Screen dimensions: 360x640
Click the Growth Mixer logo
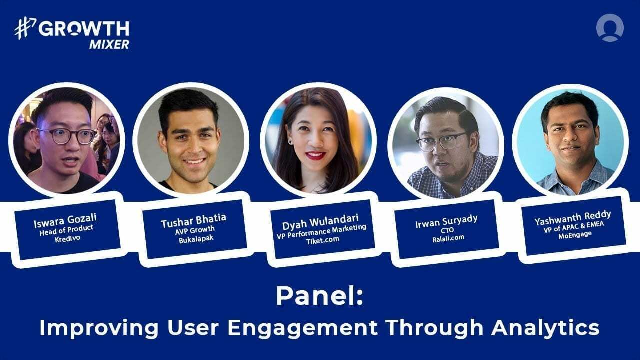72,34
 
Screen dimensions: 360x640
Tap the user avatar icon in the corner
610,28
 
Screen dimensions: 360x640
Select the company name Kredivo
67,237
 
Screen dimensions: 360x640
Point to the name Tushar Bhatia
193,219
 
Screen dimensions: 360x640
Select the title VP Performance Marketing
322,228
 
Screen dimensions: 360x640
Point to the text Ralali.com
447,237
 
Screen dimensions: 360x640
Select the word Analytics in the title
545,328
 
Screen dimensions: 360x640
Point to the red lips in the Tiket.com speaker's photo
315,156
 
